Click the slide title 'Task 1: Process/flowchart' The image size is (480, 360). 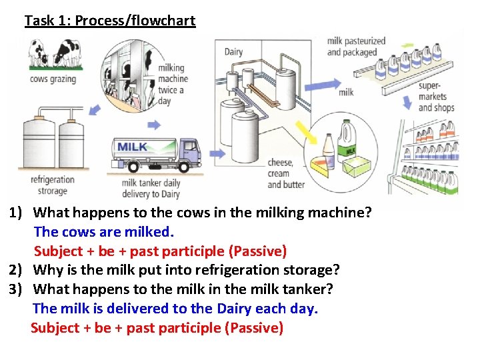point(110,21)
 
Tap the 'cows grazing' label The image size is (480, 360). point(53,79)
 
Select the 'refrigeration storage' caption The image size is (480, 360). point(53,185)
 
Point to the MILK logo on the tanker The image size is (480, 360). point(133,147)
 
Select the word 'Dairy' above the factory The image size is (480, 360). point(233,52)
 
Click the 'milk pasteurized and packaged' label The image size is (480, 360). point(356,46)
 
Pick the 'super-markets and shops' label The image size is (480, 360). point(436,97)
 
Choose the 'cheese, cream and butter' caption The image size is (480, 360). point(286,173)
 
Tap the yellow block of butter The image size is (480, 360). point(357,163)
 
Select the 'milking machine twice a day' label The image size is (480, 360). point(173,84)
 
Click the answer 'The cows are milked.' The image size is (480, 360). point(103,232)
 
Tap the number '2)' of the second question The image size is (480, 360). point(17,270)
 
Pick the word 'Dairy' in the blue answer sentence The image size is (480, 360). point(233,309)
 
